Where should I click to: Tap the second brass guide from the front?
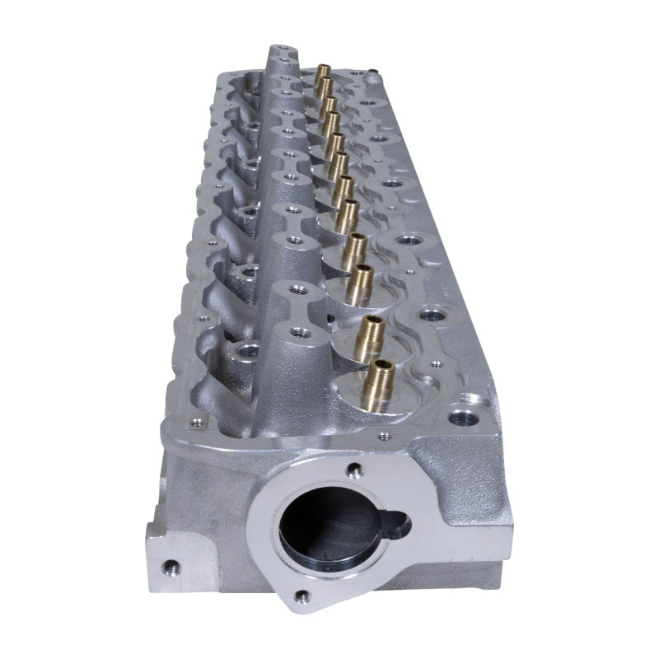pyautogui.click(x=369, y=337)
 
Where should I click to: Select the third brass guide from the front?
pyautogui.click(x=359, y=283)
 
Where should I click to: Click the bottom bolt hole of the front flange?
pyautogui.click(x=303, y=596)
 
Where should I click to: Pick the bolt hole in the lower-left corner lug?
pyautogui.click(x=170, y=567)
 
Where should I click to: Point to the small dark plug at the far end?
pyautogui.click(x=372, y=72)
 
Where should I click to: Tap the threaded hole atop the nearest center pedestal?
pyautogui.click(x=300, y=332)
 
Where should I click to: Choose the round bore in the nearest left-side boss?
pyautogui.click(x=245, y=352)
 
